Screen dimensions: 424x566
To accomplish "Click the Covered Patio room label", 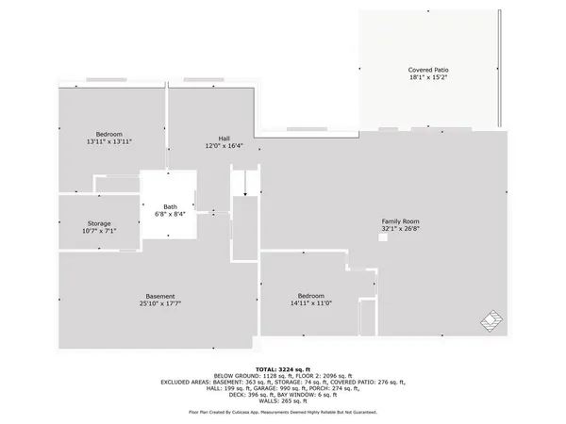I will (x=427, y=71).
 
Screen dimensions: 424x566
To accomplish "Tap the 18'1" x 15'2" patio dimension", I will (x=427, y=79).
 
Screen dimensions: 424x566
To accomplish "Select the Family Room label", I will (x=401, y=220).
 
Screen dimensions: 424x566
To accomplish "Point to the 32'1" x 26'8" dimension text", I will (x=401, y=228).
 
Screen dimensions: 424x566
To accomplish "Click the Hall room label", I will (x=225, y=138).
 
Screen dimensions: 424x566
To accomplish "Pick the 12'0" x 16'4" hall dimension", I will (x=225, y=146).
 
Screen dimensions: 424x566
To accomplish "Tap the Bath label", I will (x=170, y=206).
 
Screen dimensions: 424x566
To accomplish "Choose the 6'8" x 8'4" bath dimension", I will (x=170, y=215).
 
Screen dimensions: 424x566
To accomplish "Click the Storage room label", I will (x=99, y=222).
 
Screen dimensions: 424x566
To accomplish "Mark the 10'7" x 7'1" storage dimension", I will (x=99, y=231).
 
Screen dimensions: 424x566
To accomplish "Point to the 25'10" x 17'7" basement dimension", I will (x=159, y=303).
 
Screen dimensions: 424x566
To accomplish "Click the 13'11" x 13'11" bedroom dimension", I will (x=109, y=142).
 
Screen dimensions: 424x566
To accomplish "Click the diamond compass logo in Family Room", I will (x=491, y=320).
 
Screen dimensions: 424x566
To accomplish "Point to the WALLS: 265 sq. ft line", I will (x=283, y=400).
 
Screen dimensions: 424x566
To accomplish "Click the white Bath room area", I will (x=170, y=188).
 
